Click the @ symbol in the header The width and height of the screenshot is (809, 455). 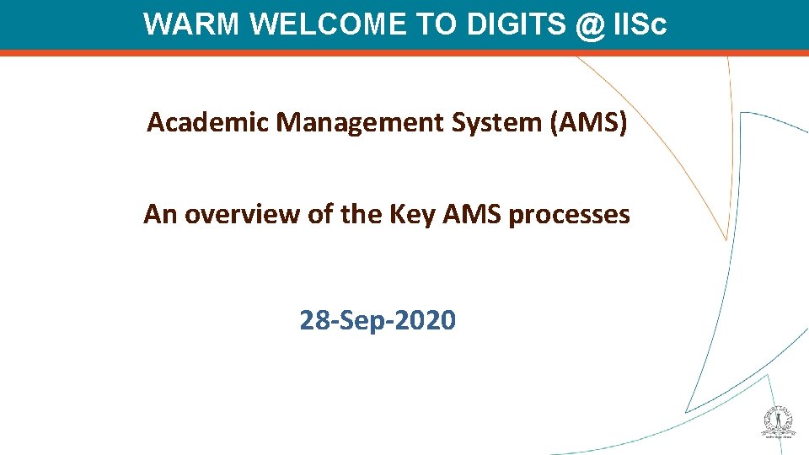pyautogui.click(x=591, y=24)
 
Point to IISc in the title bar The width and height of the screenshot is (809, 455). pyautogui.click(x=640, y=24)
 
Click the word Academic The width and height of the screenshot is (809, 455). pyautogui.click(x=209, y=123)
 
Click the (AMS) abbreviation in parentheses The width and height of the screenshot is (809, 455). pyautogui.click(x=588, y=123)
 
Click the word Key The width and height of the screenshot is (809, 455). pyautogui.click(x=408, y=215)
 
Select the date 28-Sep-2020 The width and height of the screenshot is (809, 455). pyautogui.click(x=378, y=320)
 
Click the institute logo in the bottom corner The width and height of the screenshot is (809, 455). pyautogui.click(x=780, y=422)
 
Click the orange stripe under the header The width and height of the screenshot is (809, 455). pyautogui.click(x=404, y=53)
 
